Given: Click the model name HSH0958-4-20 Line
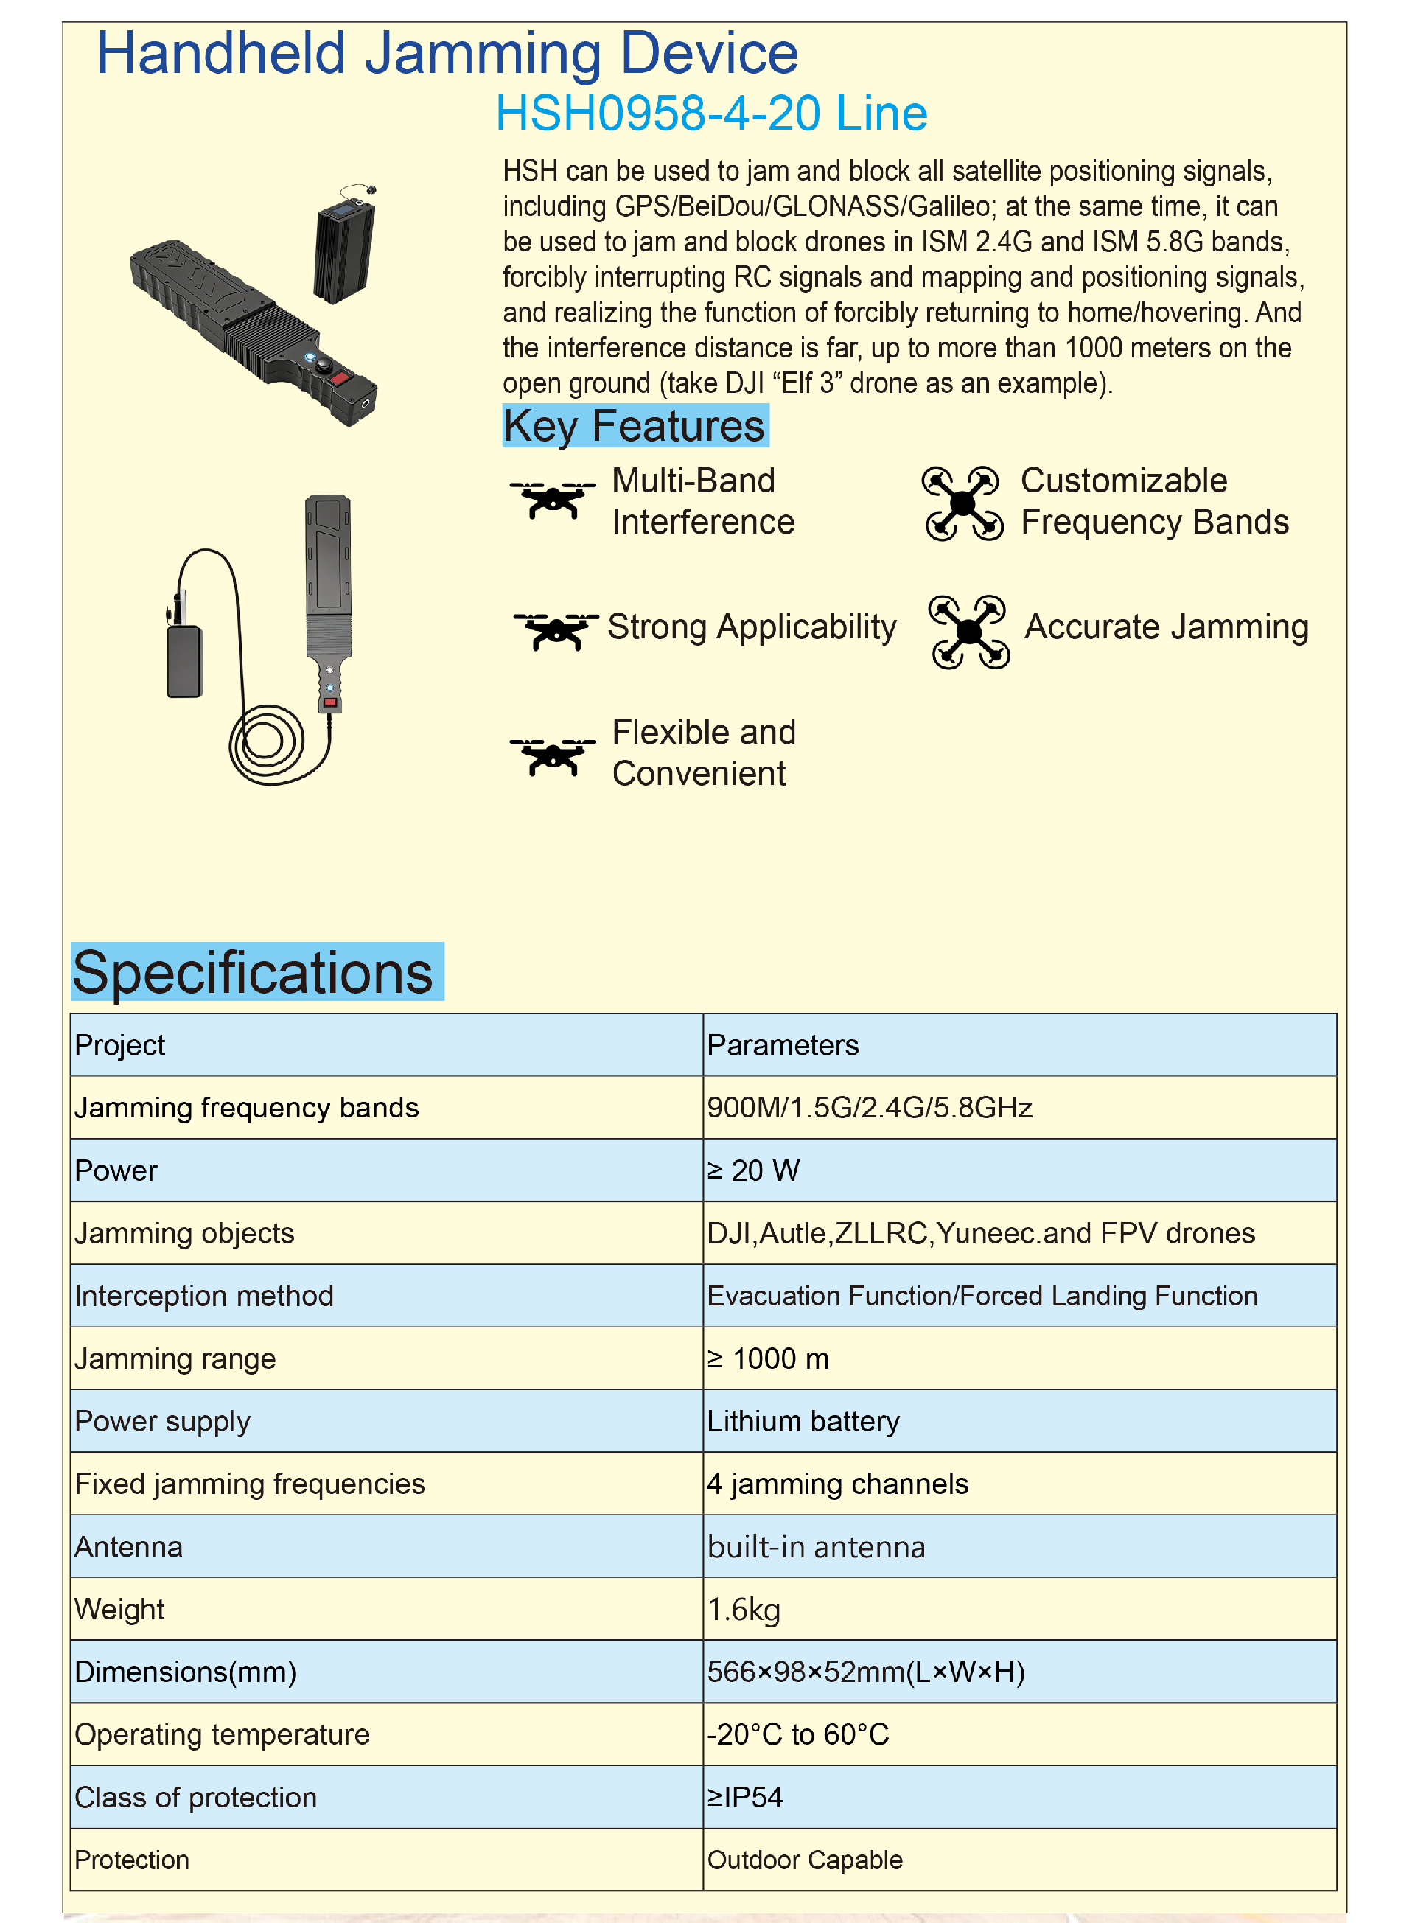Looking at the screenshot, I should coord(711,113).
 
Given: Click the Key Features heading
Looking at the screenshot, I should coord(635,426).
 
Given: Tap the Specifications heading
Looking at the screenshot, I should coord(254,972).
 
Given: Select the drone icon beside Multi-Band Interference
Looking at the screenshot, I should coord(553,500).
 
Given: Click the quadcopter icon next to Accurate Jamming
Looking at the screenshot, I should coord(968,632).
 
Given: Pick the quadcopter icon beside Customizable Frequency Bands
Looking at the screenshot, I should coord(962,503).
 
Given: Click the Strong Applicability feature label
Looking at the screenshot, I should coord(751,627).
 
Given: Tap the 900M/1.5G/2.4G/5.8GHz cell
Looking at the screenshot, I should coord(870,1108).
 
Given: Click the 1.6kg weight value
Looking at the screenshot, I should coord(744,1610).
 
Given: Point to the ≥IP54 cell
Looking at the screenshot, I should coord(744,1797).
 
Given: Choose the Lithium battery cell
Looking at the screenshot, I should coord(803,1421).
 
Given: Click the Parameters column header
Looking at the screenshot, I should coord(782,1045).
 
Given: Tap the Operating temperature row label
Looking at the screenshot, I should coord(222,1734).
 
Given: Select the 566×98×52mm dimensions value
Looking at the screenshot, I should coord(865,1672).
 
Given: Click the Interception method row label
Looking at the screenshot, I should coord(204,1296).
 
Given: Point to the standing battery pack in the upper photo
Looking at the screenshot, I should coord(344,248).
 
